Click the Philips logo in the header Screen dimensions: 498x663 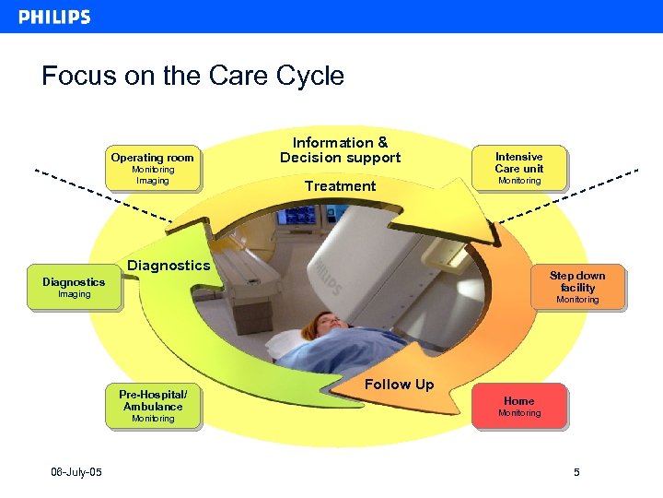(x=54, y=17)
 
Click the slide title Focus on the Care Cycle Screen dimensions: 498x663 (x=192, y=76)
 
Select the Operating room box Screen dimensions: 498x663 (x=152, y=169)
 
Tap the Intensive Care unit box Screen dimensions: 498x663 (x=519, y=168)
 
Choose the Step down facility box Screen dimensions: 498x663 (x=577, y=287)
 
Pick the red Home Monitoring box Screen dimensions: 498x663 (x=519, y=407)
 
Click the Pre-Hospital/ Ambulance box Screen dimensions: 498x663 (x=153, y=406)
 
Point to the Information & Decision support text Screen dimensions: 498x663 (x=340, y=149)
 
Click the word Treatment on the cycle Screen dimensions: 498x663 (x=340, y=186)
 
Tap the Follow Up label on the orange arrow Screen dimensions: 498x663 (x=399, y=385)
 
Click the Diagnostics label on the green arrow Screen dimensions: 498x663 (x=169, y=266)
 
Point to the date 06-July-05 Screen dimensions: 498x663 (x=76, y=473)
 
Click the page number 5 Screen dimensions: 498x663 (x=576, y=473)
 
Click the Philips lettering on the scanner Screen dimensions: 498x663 (x=330, y=277)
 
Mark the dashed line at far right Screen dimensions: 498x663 (x=571, y=196)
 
